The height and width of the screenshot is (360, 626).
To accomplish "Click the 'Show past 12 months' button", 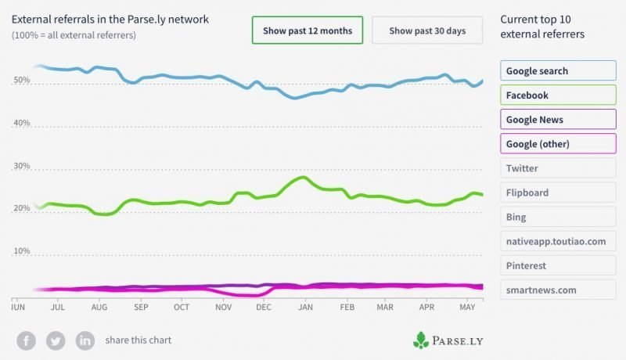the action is (308, 31).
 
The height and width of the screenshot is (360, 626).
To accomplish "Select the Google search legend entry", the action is (558, 70).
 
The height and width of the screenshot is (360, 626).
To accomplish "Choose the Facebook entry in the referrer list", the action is (558, 95).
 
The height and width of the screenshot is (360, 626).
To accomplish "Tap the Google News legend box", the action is (558, 119).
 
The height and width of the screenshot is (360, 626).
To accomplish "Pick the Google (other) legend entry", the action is (558, 144).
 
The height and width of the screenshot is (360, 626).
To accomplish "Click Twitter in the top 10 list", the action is (558, 168).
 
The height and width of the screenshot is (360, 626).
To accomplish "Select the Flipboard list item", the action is (558, 193).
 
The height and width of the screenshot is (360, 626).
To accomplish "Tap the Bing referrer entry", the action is (558, 217).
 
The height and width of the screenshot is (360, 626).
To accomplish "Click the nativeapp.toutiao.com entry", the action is (558, 241).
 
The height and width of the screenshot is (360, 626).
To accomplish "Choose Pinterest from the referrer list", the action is (558, 265).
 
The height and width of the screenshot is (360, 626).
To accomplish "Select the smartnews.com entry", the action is (558, 290).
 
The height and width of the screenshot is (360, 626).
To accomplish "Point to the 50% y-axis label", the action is (22, 80).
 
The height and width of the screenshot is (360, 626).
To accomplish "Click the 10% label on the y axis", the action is (22, 250).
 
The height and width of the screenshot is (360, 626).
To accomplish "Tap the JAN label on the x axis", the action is (305, 307).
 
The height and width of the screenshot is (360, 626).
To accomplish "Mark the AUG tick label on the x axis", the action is (99, 307).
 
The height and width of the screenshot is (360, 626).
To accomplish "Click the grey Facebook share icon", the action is (27, 341).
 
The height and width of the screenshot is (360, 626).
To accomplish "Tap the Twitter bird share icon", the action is (56, 341).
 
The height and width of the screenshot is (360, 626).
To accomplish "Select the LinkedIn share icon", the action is (85, 341).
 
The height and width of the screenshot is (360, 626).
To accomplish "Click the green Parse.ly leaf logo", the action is (421, 340).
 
